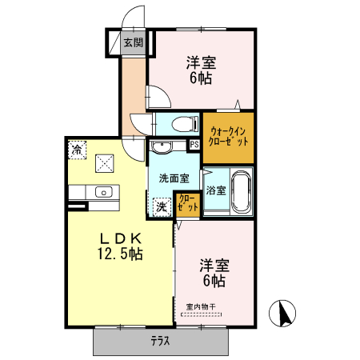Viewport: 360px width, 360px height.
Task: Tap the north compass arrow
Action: tap(282, 313)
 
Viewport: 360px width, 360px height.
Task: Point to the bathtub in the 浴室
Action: tap(241, 192)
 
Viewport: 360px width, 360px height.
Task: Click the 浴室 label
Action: tap(215, 190)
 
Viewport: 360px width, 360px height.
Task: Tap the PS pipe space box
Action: tap(194, 145)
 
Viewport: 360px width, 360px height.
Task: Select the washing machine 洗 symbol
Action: tap(161, 206)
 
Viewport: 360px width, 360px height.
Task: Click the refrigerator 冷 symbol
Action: tap(77, 149)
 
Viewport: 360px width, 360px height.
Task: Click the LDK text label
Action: tap(121, 238)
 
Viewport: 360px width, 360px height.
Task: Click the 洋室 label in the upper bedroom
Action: tap(202, 62)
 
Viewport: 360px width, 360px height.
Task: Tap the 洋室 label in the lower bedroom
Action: tap(213, 265)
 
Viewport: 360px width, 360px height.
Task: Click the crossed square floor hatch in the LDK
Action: tap(104, 162)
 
